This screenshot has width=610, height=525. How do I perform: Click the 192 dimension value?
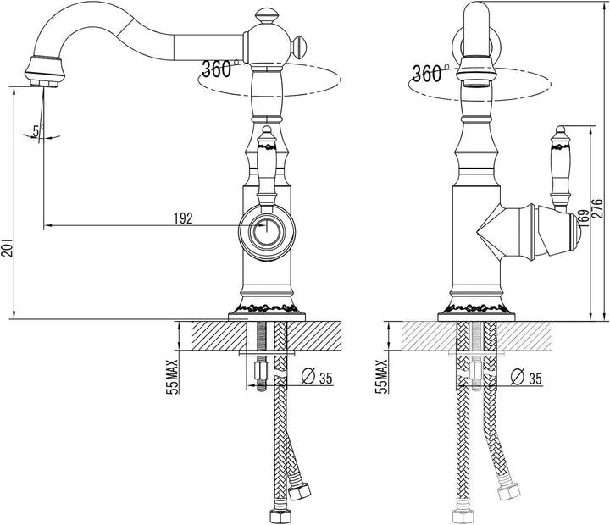point(184,218)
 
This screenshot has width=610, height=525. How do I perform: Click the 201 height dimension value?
point(8,247)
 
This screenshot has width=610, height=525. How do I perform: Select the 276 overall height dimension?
point(599,208)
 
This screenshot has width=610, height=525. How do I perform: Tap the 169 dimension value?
point(584,218)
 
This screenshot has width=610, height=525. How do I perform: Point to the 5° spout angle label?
point(37,131)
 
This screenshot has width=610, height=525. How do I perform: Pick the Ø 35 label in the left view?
point(317,377)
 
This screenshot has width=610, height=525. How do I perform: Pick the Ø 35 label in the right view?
point(526,377)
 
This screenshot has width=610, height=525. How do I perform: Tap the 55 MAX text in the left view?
point(172,377)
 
